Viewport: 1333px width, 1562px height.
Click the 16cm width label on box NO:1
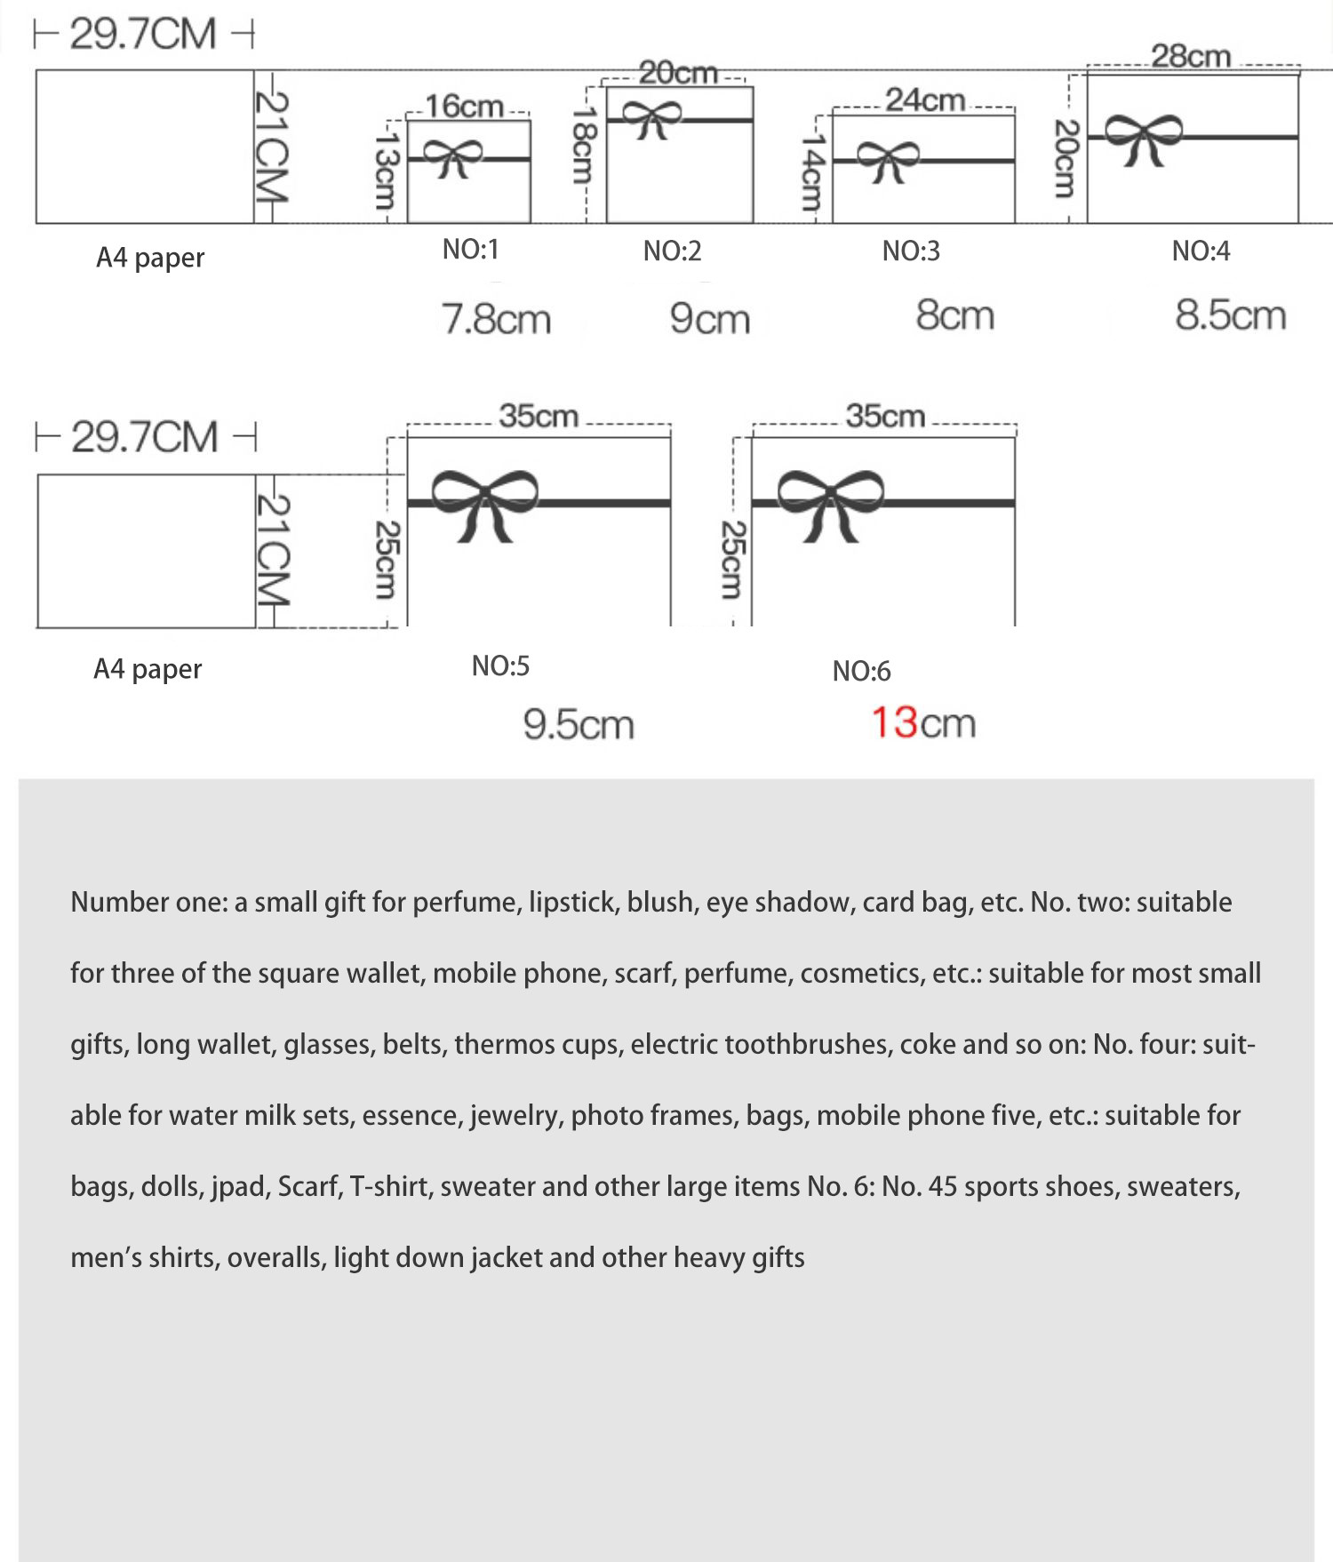(x=464, y=107)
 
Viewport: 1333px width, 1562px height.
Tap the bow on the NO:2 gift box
(x=651, y=118)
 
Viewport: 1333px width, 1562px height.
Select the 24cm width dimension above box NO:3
(x=925, y=100)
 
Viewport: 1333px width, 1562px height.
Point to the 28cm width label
(x=1191, y=56)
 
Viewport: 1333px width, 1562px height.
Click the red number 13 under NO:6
(x=894, y=722)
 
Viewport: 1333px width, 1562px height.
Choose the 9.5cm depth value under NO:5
(x=579, y=725)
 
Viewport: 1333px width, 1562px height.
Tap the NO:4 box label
(x=1201, y=251)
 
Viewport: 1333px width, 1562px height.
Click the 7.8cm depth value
(x=497, y=319)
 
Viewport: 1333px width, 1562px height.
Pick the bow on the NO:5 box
(x=484, y=503)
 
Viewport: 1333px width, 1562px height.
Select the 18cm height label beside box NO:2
(x=583, y=144)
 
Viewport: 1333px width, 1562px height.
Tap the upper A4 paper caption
(x=150, y=258)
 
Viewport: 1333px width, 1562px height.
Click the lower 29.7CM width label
(x=144, y=437)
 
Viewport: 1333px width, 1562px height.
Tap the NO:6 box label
(x=861, y=671)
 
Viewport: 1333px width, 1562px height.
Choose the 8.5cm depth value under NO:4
(x=1231, y=315)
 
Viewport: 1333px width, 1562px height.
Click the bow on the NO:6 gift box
(x=830, y=503)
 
